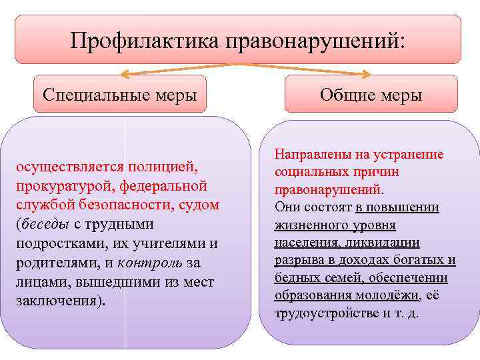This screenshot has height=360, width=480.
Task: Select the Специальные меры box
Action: click(x=119, y=93)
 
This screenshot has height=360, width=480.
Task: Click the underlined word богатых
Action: click(x=417, y=260)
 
